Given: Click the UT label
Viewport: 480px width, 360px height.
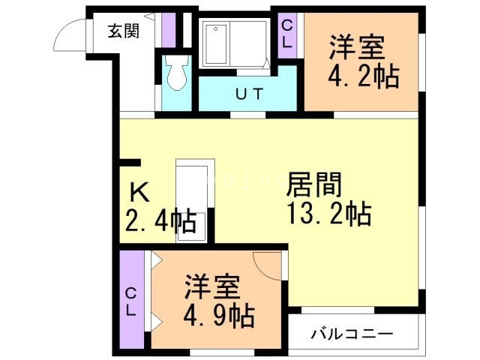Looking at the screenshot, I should pos(229,94).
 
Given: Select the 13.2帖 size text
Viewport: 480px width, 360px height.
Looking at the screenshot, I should pos(327,214).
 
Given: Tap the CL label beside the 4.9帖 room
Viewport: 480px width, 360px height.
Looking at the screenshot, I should pos(130,301).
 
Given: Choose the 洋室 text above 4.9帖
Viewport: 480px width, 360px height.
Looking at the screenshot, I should pos(212,287).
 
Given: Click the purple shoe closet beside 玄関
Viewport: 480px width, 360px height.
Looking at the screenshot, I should pos(168,30).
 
